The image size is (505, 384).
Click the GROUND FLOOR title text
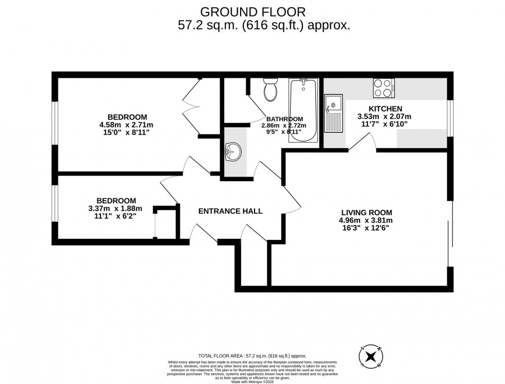[x=252, y=11]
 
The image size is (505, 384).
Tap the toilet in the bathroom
[x=270, y=91]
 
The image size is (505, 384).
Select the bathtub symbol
[x=302, y=110]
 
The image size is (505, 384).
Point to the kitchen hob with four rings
[x=383, y=88]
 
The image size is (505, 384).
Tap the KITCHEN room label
[x=385, y=109]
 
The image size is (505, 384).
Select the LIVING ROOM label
[x=366, y=212]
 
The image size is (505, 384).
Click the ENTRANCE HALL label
[x=230, y=211]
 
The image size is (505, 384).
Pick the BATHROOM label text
[x=284, y=118]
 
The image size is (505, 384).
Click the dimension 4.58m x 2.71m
[x=127, y=125]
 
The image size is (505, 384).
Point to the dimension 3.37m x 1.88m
[x=116, y=208]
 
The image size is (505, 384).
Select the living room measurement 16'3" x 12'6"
[x=366, y=229]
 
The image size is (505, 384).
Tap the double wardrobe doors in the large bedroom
[x=190, y=108]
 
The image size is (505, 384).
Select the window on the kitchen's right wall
[x=450, y=118]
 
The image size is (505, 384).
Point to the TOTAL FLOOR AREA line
[x=252, y=356]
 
